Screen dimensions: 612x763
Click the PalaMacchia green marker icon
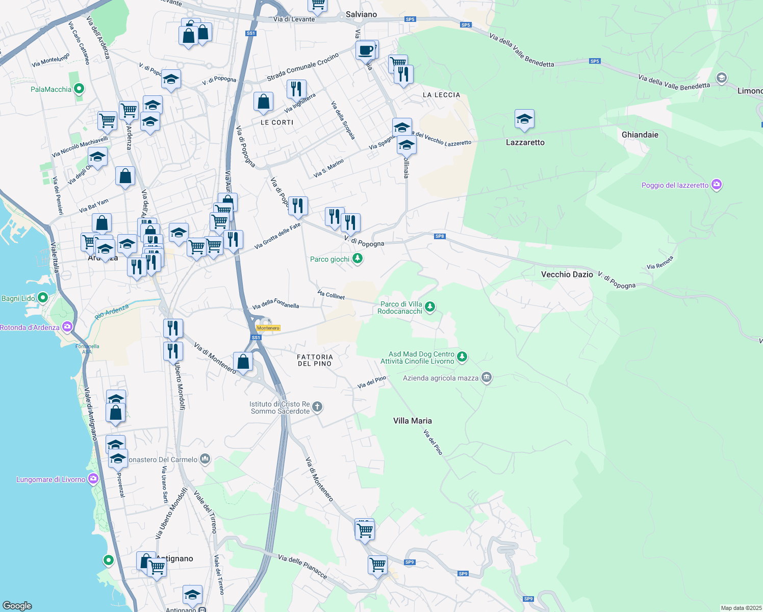point(79,89)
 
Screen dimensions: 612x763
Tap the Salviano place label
point(361,14)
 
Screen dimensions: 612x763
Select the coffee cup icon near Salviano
point(365,50)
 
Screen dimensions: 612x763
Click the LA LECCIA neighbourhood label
point(441,95)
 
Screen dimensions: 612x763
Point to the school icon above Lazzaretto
point(524,119)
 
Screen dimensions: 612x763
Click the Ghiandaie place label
point(640,135)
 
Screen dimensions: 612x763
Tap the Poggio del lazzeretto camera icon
point(717,185)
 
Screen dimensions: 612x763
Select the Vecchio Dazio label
point(567,274)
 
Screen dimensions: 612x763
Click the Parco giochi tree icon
point(358,259)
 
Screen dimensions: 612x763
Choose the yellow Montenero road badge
point(268,328)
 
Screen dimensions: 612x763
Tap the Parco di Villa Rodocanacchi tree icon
point(430,307)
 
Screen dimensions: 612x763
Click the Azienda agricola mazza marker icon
point(487,378)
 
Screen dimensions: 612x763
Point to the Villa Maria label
point(412,421)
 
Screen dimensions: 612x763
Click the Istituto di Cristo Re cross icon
point(317,407)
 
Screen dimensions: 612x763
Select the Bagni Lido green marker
point(43,297)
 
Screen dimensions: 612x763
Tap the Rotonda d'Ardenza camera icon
point(67,327)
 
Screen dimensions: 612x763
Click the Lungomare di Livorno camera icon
point(93,479)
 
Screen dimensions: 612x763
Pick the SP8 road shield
point(440,236)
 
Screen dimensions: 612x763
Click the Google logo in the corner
point(17,605)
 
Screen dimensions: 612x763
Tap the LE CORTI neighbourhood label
point(277,122)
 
